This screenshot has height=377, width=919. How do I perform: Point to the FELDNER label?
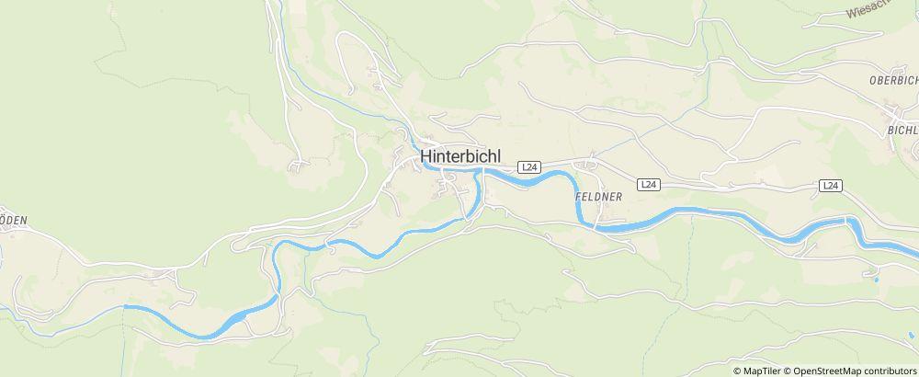tap(598, 197)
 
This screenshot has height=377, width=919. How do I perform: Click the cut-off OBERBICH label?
tap(893, 81)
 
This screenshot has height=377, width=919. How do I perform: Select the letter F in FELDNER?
tap(577, 197)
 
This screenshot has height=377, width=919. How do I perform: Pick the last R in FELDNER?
tap(620, 197)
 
